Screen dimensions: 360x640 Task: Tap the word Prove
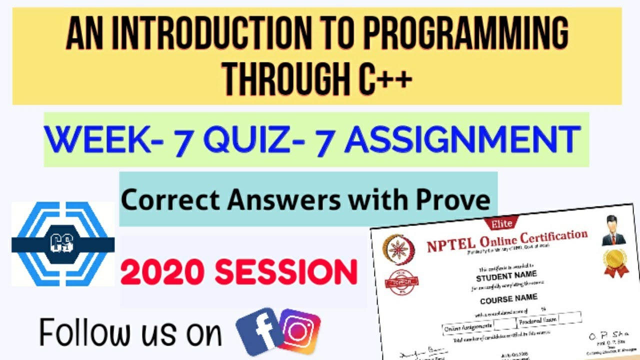tap(456, 200)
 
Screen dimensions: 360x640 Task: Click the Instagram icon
tap(300, 331)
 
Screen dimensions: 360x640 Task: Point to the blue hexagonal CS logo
tap(63, 244)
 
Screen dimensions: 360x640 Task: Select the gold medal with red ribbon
tap(614, 261)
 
